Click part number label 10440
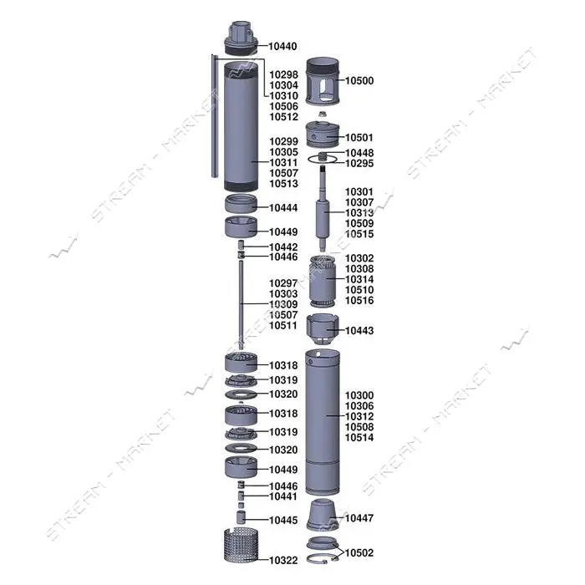pos(282,46)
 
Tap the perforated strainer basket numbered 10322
pos(241,545)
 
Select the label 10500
pos(359,80)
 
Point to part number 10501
pos(359,138)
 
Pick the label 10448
pos(359,153)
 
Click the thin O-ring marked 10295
pos(323,160)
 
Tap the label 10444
pos(283,208)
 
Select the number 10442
pos(283,247)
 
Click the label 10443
pos(359,331)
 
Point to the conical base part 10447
pos(323,515)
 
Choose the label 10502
pos(359,552)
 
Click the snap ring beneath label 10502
pos(322,559)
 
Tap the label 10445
pos(283,520)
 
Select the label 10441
pos(283,496)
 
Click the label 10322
pos(283,561)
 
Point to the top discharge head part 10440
pos(241,38)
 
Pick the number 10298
pos(283,74)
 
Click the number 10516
pos(359,300)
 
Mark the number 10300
pos(359,395)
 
